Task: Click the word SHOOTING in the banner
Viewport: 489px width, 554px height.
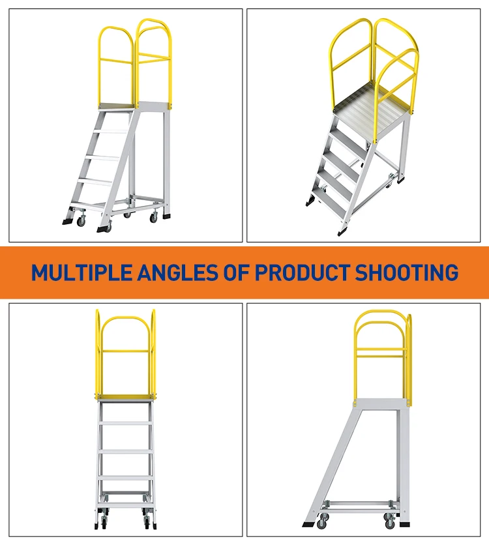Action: tap(406, 272)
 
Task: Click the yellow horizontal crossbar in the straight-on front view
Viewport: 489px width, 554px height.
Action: tap(126, 352)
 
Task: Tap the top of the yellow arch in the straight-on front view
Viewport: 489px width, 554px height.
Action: tap(126, 318)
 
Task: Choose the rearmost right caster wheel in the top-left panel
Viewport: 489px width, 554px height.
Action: tap(155, 216)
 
